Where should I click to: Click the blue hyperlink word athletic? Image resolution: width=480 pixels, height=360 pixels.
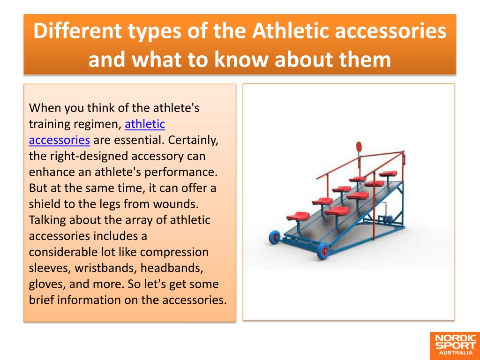145,124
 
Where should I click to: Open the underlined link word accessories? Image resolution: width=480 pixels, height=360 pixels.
60,140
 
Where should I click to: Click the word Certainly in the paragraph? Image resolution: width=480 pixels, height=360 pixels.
193,140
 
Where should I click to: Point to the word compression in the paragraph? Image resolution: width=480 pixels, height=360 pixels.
174,252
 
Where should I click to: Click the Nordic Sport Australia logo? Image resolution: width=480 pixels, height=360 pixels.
455,345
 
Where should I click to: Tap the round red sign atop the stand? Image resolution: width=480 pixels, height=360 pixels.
359,146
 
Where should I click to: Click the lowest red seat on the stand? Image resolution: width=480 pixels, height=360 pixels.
298,216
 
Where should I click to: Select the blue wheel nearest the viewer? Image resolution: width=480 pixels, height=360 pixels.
322,251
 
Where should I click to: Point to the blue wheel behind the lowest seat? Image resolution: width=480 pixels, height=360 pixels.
274,237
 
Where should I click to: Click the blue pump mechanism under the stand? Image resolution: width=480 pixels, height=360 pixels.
385,219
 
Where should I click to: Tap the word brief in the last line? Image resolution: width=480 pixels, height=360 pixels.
41,300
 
